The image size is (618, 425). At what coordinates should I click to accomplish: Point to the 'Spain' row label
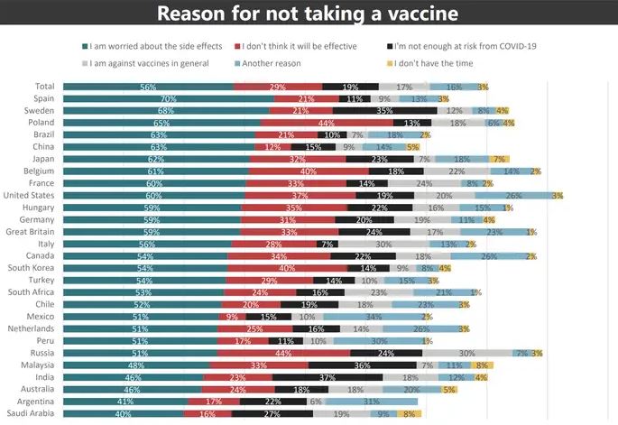(x=43, y=97)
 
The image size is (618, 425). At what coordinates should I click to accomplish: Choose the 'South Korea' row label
(x=33, y=267)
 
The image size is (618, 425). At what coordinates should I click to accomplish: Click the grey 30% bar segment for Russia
(x=466, y=353)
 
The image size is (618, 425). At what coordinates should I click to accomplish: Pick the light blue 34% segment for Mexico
(x=372, y=316)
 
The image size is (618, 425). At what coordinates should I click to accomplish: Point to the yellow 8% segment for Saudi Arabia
(x=408, y=413)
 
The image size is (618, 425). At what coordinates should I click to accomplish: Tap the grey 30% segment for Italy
(x=383, y=244)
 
